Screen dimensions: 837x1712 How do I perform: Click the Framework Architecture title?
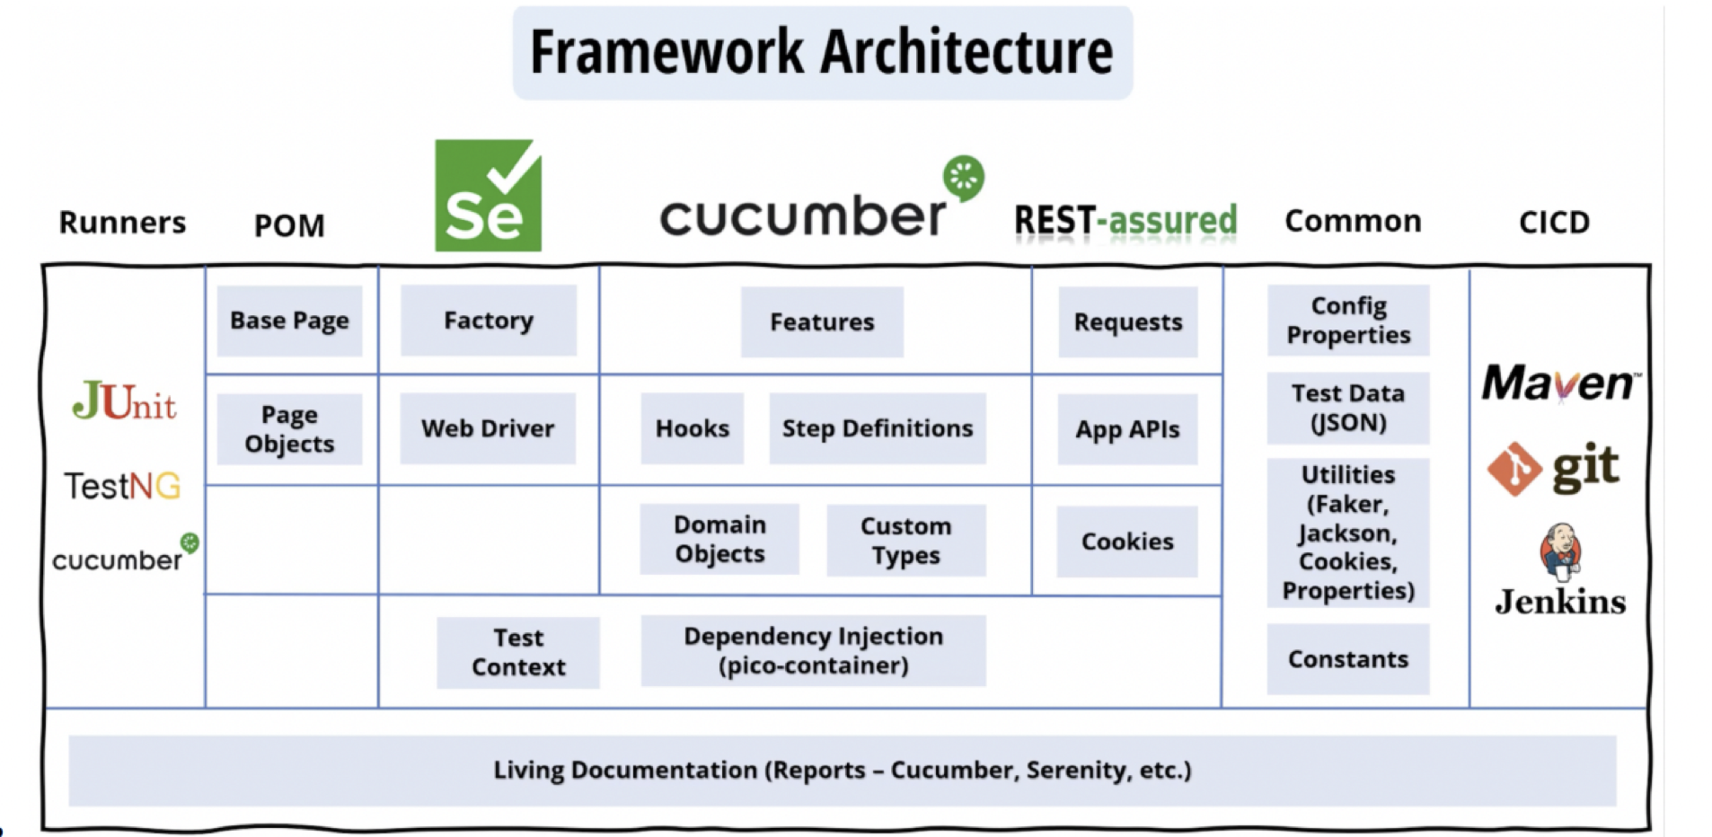tap(822, 52)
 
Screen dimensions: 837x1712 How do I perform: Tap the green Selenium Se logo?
tap(488, 196)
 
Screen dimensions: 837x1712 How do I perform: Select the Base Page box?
tap(289, 321)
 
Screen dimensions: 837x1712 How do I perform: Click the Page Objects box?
tap(289, 429)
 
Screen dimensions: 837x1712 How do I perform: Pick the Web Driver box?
tap(488, 428)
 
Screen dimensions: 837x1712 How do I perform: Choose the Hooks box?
tap(692, 428)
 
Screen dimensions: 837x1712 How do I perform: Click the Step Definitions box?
tap(877, 428)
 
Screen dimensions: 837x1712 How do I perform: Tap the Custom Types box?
tap(905, 540)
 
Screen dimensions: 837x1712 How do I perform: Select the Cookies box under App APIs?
tap(1127, 542)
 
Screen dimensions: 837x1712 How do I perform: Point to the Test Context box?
tap(518, 652)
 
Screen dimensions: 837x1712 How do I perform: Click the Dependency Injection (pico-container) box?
tap(813, 650)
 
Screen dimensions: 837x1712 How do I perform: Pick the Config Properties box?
tap(1347, 321)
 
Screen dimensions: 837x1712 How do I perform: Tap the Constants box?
tap(1347, 659)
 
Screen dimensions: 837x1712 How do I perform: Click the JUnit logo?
tap(124, 401)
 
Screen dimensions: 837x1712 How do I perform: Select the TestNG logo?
tap(122, 486)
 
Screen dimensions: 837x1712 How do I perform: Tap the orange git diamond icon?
tap(1514, 469)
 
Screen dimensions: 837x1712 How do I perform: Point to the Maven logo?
tap(1560, 383)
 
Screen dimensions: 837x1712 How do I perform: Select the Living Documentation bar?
tap(842, 771)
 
